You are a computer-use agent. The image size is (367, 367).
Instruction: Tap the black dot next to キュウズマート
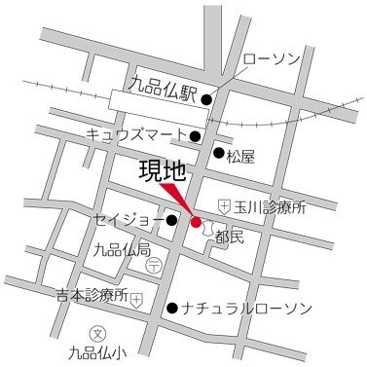click(x=196, y=135)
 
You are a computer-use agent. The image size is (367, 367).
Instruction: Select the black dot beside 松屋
click(x=219, y=152)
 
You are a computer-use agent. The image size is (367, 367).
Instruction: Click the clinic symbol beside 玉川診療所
click(x=225, y=206)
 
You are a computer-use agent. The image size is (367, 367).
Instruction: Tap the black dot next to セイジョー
click(x=172, y=220)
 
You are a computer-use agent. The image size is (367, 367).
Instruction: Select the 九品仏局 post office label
click(x=122, y=251)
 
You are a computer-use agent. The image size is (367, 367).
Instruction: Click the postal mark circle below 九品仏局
click(x=153, y=265)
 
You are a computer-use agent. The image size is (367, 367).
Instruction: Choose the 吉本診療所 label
click(x=92, y=295)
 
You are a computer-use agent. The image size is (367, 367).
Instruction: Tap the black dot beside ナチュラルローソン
click(x=172, y=309)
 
